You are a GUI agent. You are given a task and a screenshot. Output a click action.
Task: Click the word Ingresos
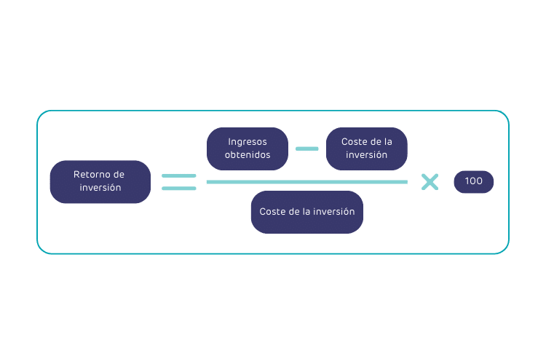[248, 142]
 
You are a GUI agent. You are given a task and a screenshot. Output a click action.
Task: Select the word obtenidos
[248, 155]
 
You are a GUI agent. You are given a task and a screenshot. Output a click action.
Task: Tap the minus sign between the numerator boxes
[306, 149]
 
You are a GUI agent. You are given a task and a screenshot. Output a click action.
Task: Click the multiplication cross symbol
[430, 182]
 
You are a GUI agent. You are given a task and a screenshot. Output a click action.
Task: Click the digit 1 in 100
[467, 181]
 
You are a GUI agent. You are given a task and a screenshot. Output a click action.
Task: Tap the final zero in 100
[479, 181]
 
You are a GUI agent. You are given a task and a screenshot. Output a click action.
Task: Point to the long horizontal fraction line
[306, 182]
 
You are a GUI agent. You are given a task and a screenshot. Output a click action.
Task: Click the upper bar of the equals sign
[178, 176]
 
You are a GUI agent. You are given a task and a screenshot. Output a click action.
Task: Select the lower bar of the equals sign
[178, 189]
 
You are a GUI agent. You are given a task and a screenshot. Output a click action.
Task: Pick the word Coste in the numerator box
[355, 142]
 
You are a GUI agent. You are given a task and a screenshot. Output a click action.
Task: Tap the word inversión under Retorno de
[100, 188]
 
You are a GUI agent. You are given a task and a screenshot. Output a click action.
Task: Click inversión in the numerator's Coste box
[366, 155]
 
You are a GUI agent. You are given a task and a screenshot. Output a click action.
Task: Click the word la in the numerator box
[387, 142]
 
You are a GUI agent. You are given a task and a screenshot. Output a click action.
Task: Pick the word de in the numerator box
[376, 142]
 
